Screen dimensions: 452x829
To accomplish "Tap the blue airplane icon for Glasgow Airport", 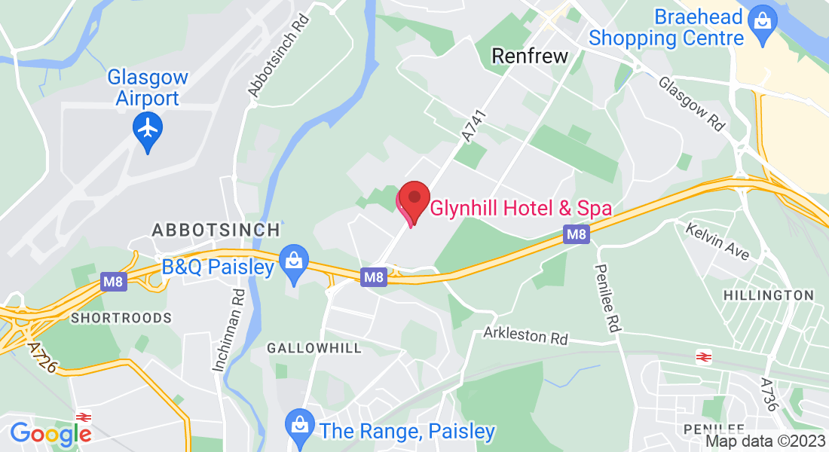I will click(x=148, y=129).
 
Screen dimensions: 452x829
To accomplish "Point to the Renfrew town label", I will click(x=529, y=55).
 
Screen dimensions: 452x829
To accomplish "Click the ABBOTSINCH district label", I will click(x=216, y=229).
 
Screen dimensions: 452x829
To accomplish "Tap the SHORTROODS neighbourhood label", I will click(x=121, y=318).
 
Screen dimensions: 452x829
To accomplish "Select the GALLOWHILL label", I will click(x=314, y=348).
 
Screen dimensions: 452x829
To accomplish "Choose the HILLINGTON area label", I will click(x=768, y=295).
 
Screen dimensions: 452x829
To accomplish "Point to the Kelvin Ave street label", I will click(x=717, y=241).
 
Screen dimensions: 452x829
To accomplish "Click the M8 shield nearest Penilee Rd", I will click(x=577, y=235).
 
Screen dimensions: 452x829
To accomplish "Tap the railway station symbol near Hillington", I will click(x=705, y=356).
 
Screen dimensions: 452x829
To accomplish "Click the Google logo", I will click(x=50, y=433).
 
